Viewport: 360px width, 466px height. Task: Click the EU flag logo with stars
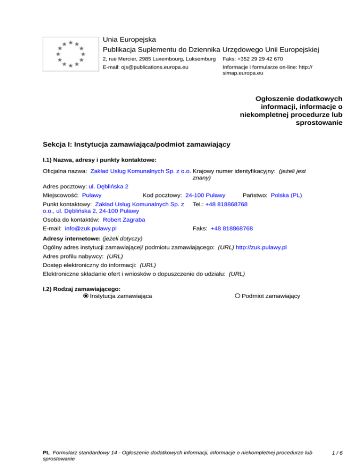point(70,54)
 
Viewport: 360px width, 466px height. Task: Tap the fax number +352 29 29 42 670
point(253,59)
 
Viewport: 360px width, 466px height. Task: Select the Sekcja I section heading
point(136,144)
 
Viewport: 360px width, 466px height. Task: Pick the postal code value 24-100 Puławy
point(205,195)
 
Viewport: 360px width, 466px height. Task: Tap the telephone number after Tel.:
point(226,204)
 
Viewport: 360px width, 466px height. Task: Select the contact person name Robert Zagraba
point(124,219)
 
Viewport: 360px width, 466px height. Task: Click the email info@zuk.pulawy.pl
point(90,228)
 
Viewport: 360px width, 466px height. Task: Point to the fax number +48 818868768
point(232,228)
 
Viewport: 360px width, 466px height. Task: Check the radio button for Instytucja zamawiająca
point(85,296)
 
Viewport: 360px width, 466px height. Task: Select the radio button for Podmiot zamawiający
point(238,296)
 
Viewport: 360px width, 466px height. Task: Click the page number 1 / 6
point(337,453)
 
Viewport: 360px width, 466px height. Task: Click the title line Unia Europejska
point(129,39)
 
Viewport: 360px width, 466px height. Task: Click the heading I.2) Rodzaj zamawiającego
point(82,289)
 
